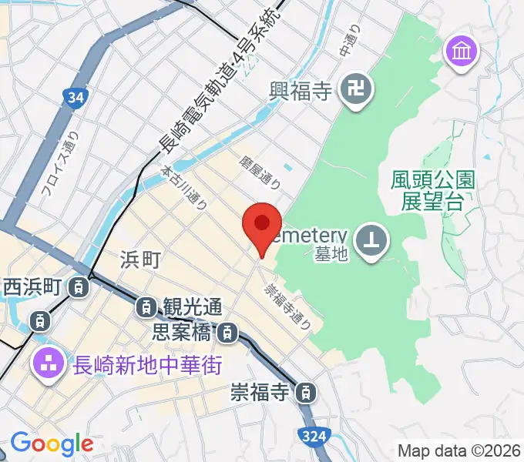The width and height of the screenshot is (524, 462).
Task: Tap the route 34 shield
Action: [x=74, y=98]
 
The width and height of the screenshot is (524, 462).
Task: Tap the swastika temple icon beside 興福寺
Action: [x=356, y=92]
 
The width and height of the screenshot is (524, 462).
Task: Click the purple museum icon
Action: [x=462, y=52]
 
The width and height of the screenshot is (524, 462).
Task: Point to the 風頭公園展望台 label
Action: [x=432, y=191]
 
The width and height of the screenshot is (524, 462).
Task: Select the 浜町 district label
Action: [x=140, y=260]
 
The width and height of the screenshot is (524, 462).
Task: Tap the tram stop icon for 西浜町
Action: [x=79, y=288]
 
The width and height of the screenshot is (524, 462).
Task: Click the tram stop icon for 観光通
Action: [x=146, y=307]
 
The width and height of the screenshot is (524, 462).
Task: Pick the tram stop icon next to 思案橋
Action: [x=227, y=333]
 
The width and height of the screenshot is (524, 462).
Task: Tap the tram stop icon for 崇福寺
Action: [x=307, y=393]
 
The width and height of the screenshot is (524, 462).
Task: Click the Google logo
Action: [x=52, y=444]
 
